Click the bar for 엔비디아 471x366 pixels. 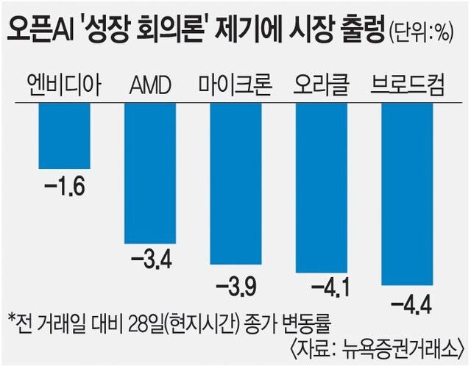[x=64, y=137]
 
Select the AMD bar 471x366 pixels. [x=149, y=173]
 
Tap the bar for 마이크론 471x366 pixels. [x=235, y=184]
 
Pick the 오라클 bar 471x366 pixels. [x=321, y=188]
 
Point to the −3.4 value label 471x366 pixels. [x=150, y=259]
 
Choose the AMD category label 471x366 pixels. [x=149, y=87]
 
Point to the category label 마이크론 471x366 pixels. [x=235, y=86]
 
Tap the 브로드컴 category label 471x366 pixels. [x=406, y=86]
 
